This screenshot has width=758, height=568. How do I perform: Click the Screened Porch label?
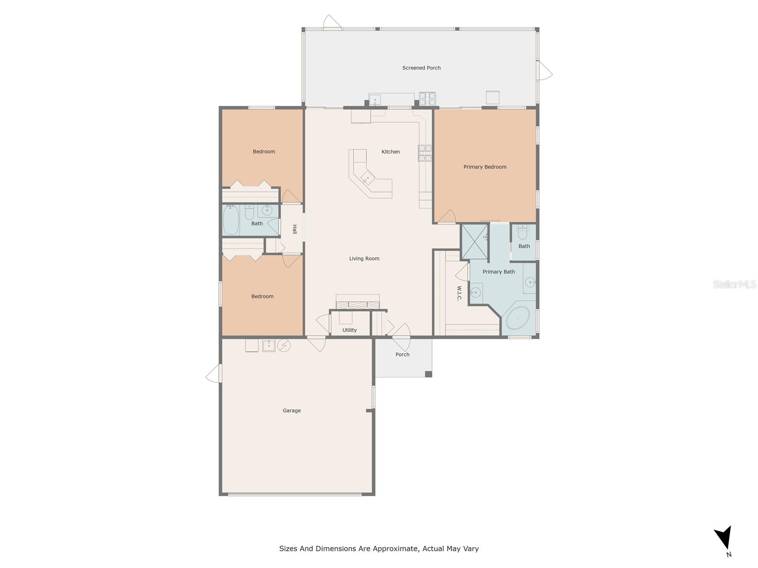(421, 68)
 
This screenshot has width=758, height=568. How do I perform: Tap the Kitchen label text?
(390, 151)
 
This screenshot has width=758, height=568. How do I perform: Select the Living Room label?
(364, 258)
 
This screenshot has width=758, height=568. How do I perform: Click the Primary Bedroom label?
(485, 167)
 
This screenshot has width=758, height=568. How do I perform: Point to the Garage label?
(291, 410)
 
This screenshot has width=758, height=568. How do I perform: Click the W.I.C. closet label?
(459, 293)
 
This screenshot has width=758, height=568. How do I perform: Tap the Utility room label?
(349, 330)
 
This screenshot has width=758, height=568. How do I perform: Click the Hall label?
(294, 229)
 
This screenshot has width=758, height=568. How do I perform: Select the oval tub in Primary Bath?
(518, 318)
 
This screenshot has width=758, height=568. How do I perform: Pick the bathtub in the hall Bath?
(231, 220)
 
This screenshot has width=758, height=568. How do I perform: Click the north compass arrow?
(724, 539)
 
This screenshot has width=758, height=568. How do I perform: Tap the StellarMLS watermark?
(734, 284)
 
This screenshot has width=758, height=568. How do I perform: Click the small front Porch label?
(402, 354)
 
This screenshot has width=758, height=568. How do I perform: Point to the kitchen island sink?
(368, 177)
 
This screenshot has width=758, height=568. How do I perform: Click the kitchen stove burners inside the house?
(425, 153)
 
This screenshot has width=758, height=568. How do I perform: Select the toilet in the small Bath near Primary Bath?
(523, 232)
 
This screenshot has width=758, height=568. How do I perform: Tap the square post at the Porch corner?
(428, 374)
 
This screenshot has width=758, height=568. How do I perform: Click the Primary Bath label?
(498, 272)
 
